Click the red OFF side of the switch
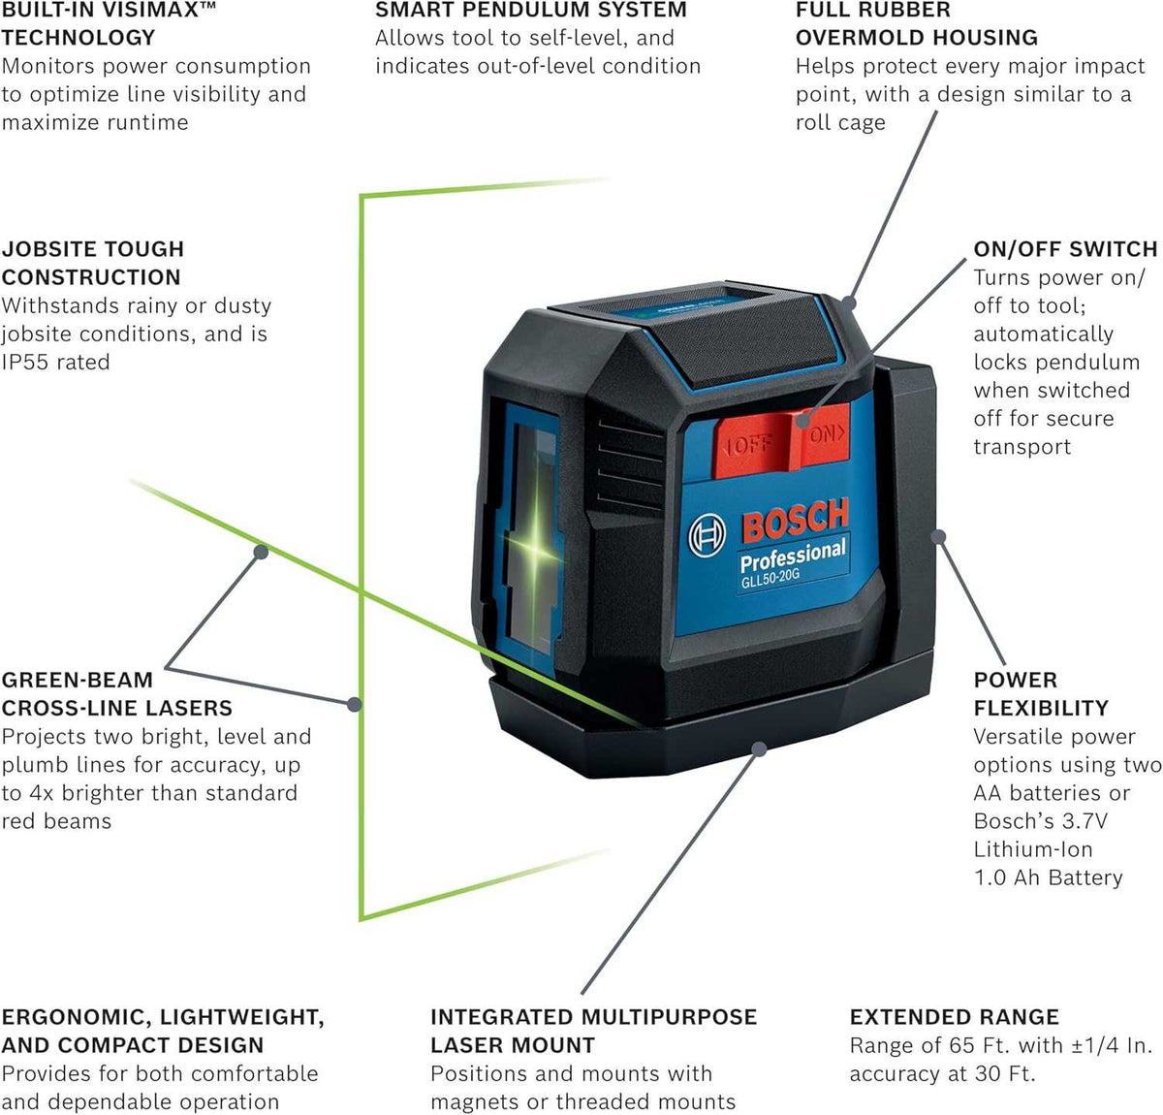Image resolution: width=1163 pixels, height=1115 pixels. click(750, 445)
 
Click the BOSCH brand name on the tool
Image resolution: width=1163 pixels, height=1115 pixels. click(795, 521)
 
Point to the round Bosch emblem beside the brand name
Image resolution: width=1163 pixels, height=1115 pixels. click(707, 535)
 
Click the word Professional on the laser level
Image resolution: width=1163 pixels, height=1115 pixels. click(792, 556)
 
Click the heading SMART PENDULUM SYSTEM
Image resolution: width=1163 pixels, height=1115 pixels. click(530, 11)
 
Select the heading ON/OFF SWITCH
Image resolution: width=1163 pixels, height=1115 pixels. click(1065, 249)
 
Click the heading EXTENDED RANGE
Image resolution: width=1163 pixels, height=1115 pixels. click(954, 1017)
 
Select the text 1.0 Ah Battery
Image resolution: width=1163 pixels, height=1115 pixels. click(1048, 877)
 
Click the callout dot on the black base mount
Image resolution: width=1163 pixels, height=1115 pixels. click(760, 748)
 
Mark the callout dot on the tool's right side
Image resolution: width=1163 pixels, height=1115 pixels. click(938, 536)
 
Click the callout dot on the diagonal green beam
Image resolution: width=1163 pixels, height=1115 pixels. click(260, 551)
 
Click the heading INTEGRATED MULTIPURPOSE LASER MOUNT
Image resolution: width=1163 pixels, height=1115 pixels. click(593, 1031)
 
